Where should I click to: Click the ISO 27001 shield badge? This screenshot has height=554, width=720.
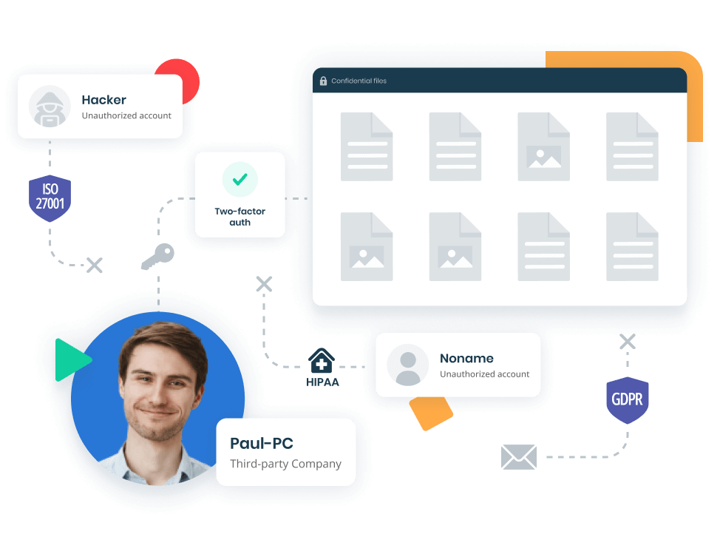[50, 198]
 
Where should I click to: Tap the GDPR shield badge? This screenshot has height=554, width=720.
[628, 400]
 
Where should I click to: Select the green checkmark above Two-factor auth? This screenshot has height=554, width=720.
[240, 179]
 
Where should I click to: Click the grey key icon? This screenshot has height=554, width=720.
[157, 257]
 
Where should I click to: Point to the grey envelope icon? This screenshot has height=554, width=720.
[519, 457]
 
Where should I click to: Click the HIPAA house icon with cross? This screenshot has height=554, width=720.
[322, 361]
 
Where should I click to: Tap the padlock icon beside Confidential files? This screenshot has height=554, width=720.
[323, 81]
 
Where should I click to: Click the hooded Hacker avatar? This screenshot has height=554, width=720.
[50, 106]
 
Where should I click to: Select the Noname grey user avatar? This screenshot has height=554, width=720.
[408, 365]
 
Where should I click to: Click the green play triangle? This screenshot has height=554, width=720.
[72, 360]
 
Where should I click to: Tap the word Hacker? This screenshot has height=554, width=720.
[103, 100]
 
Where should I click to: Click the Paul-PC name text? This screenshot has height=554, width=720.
[261, 443]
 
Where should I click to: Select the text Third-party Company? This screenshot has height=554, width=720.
[285, 464]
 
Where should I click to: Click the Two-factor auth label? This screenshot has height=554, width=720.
[240, 217]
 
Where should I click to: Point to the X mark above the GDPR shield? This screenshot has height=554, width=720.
[628, 342]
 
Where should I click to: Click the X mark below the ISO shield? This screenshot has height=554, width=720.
[95, 265]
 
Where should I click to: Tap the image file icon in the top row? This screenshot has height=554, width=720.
[543, 146]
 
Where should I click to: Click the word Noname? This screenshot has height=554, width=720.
[466, 358]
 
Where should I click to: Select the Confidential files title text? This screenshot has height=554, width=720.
[359, 81]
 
